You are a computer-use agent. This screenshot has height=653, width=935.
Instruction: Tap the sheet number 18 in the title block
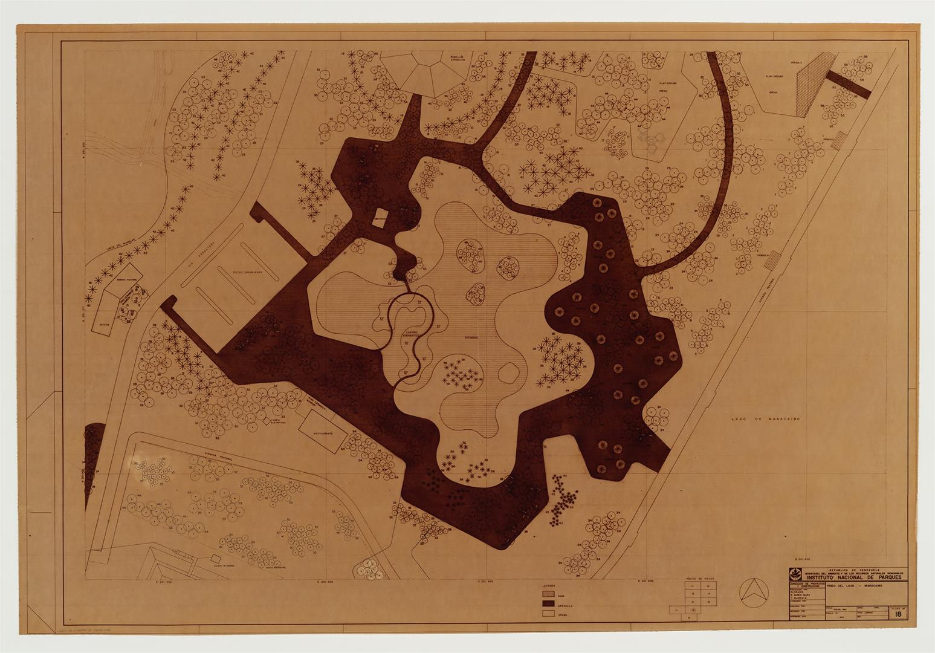[x=899, y=614]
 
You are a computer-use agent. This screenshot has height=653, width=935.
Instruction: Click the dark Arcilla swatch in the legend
[x=548, y=603]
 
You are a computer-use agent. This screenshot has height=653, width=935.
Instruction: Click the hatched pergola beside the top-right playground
[x=808, y=82]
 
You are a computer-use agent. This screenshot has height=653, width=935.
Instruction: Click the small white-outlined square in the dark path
[x=380, y=219]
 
